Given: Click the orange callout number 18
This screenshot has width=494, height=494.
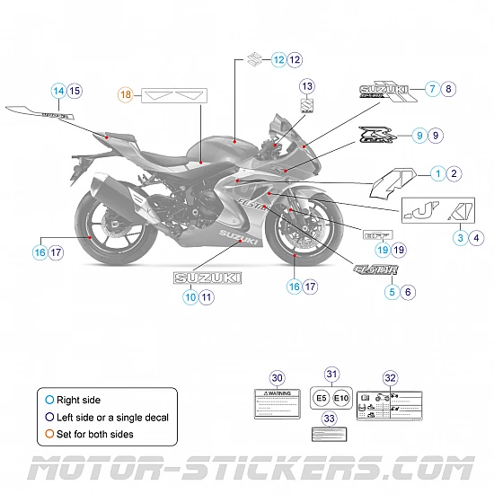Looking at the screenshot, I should (127, 93).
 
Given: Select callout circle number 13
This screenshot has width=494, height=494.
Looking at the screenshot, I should (307, 86).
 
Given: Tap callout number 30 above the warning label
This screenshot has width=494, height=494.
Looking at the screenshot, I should (277, 378).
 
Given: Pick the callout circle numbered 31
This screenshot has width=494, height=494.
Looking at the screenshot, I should (331, 375).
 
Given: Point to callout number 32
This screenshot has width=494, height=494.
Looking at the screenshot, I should (390, 378).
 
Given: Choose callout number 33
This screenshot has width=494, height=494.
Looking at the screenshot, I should (330, 419).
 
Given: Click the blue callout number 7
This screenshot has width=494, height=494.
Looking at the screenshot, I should (432, 89).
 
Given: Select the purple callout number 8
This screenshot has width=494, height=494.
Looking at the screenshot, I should (449, 89).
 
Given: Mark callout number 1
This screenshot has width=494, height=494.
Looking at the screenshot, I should (437, 172).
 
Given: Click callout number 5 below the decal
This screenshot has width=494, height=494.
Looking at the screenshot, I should (392, 291).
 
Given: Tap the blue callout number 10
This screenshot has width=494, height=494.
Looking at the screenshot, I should (190, 296).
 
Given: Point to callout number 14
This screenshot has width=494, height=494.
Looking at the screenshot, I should (58, 90).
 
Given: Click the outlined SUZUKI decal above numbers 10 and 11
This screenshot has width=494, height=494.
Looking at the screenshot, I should (207, 278).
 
